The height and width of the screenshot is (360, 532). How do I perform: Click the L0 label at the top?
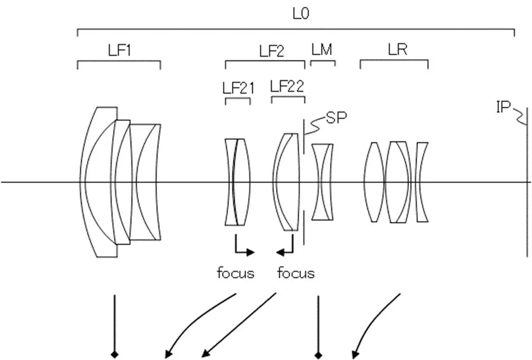pyautogui.click(x=301, y=14)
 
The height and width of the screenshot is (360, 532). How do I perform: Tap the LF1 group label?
pyautogui.click(x=119, y=51)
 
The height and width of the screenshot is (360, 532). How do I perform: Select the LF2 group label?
pyautogui.click(x=272, y=51)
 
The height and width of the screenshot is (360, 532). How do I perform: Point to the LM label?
pyautogui.click(x=322, y=50)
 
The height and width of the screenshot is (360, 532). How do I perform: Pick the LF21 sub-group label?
pyautogui.click(x=238, y=88)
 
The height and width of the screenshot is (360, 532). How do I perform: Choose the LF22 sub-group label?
pyautogui.click(x=287, y=86)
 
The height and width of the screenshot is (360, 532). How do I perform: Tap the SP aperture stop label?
pyautogui.click(x=336, y=118)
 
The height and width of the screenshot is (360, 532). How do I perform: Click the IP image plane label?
pyautogui.click(x=503, y=107)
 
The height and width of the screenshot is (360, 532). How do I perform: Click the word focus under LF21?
pyautogui.click(x=235, y=273)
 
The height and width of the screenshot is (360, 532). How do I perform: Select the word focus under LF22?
pyautogui.click(x=296, y=273)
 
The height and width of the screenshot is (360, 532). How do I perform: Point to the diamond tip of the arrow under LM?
pyautogui.click(x=318, y=355)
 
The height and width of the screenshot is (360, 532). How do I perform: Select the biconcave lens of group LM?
pyautogui.click(x=323, y=182)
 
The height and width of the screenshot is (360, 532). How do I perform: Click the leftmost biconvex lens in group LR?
pyautogui.click(x=374, y=182)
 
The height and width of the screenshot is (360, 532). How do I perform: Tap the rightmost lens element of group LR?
pyautogui.click(x=422, y=182)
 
